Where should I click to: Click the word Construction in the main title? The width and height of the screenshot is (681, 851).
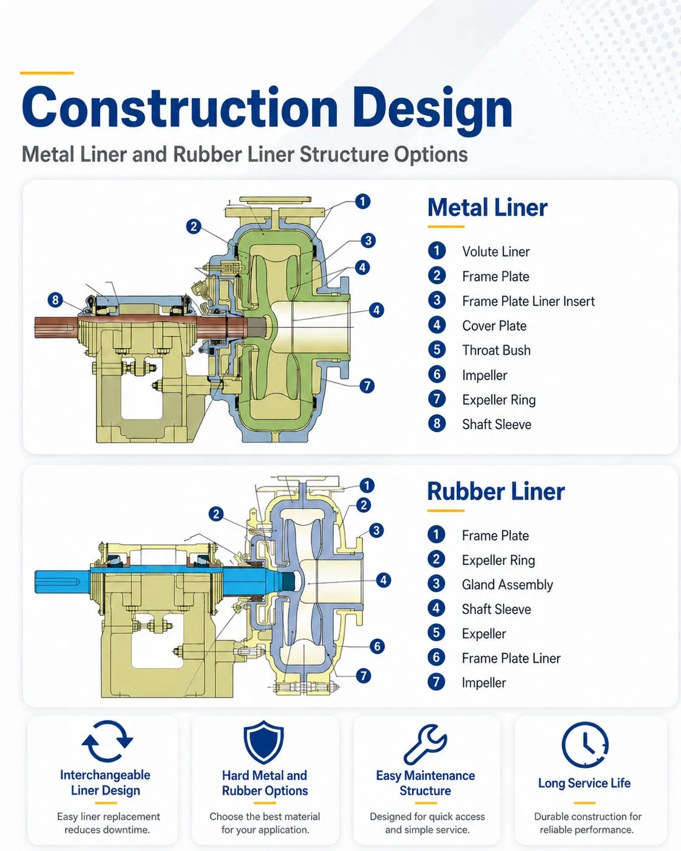pyautogui.click(x=180, y=107)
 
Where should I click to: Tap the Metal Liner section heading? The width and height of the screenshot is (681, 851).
pyautogui.click(x=487, y=208)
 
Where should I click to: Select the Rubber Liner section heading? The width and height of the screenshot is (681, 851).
pyautogui.click(x=496, y=492)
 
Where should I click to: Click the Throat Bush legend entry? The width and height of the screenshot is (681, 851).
pyautogui.click(x=496, y=350)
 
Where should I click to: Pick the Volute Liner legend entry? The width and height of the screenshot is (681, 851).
pyautogui.click(x=496, y=251)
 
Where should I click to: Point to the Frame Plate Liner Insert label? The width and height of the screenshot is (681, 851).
pyautogui.click(x=528, y=301)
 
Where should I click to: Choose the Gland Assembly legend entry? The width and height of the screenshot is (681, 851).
pyautogui.click(x=507, y=585)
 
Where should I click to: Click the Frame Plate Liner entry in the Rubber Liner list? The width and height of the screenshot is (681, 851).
pyautogui.click(x=511, y=658)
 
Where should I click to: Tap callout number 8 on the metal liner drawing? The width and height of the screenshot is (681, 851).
pyautogui.click(x=55, y=300)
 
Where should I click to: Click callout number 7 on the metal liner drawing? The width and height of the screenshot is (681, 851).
pyautogui.click(x=367, y=385)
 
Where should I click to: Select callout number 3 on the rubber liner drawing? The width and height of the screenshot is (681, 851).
pyautogui.click(x=376, y=531)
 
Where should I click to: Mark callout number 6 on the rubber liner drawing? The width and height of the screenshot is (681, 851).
pyautogui.click(x=377, y=646)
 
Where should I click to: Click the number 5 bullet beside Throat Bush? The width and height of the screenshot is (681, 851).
pyautogui.click(x=436, y=350)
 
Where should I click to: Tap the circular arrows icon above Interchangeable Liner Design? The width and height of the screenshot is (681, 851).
pyautogui.click(x=107, y=741)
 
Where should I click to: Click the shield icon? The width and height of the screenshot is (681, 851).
pyautogui.click(x=264, y=742)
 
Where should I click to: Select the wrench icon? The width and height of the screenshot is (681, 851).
pyautogui.click(x=425, y=744)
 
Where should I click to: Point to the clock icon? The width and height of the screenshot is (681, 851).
pyautogui.click(x=585, y=745)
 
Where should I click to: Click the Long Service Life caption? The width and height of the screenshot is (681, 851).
pyautogui.click(x=584, y=783)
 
